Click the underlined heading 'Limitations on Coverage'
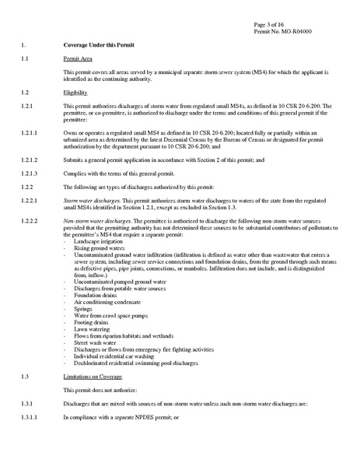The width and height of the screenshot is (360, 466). pos(94,375)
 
